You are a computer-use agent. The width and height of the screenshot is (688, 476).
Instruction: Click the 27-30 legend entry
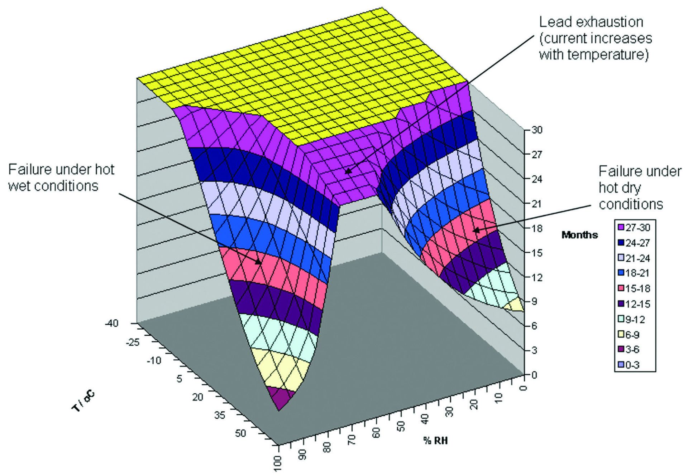pyautogui.click(x=634, y=228)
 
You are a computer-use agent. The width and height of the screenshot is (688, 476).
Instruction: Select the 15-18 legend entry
pyautogui.click(x=634, y=288)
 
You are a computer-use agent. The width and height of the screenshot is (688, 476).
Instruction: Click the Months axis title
pyautogui.click(x=579, y=235)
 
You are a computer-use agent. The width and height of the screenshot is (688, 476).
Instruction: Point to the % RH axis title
pyautogui.click(x=435, y=441)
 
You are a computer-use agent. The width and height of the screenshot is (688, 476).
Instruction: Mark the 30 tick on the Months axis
pyautogui.click(x=536, y=130)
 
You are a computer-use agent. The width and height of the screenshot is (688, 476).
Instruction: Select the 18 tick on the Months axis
pyautogui.click(x=536, y=228)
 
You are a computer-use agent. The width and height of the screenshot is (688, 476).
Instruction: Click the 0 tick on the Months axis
pyautogui.click(x=534, y=375)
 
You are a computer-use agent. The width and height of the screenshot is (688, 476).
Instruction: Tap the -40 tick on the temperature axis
pyautogui.click(x=111, y=323)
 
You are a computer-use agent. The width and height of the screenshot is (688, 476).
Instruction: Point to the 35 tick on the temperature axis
pyautogui.click(x=220, y=415)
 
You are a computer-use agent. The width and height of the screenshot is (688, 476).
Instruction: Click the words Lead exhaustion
pyautogui.click(x=591, y=22)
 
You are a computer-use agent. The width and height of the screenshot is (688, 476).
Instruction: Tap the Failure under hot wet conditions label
pyautogui.click(x=61, y=178)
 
